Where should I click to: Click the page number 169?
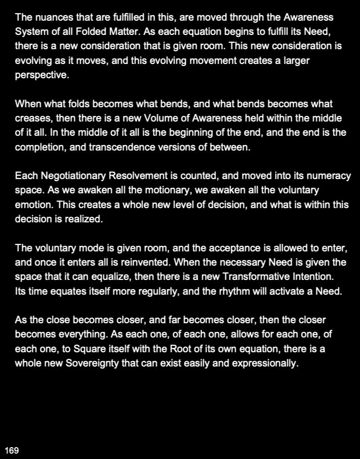pyautogui.click(x=12, y=450)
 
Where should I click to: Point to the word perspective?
pyautogui.click(x=42, y=76)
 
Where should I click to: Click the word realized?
pyautogui.click(x=83, y=219)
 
